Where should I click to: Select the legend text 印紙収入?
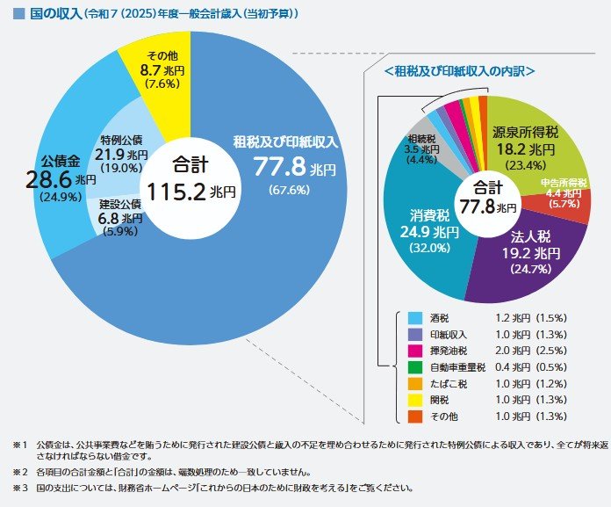click(x=449, y=334)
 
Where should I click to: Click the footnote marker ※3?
click(x=17, y=487)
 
